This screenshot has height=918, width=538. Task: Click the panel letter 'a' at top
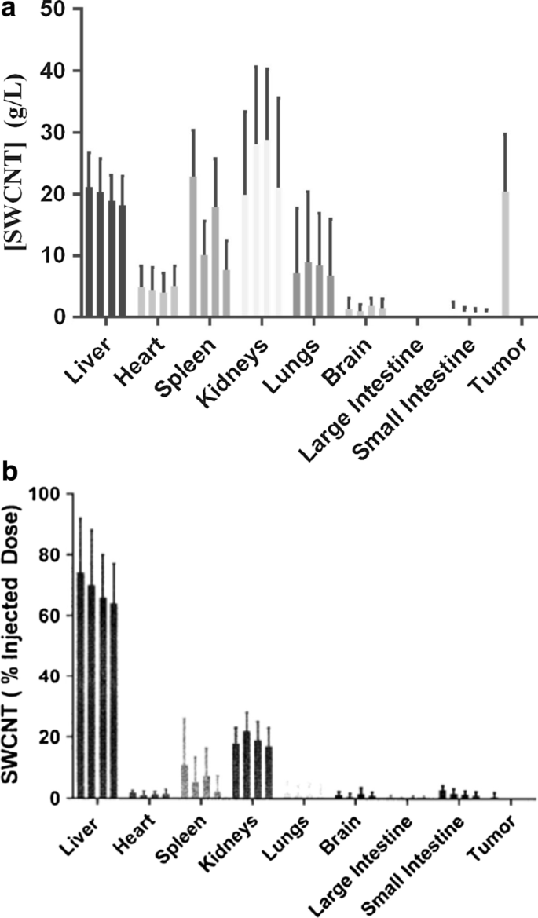coord(8,7)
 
